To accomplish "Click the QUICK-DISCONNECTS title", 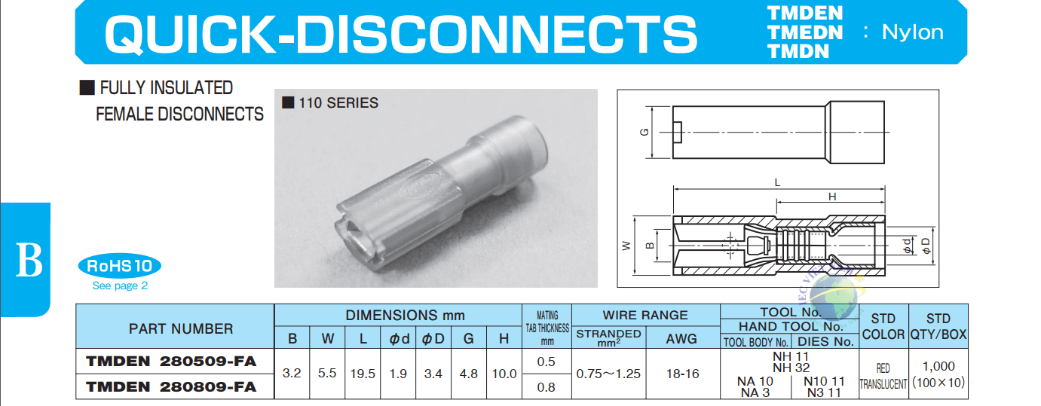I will pyautogui.click(x=400, y=33).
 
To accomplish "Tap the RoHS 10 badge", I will pyautogui.click(x=120, y=267).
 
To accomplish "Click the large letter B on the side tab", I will pyautogui.click(x=29, y=260).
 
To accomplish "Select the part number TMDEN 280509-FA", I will pyautogui.click(x=171, y=362).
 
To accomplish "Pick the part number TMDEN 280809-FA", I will pyautogui.click(x=171, y=387).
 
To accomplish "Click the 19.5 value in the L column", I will pyautogui.click(x=363, y=374).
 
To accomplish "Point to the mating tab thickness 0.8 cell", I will pyautogui.click(x=547, y=387).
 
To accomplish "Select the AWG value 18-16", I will pyautogui.click(x=682, y=374).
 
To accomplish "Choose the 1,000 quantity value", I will pyautogui.click(x=938, y=367).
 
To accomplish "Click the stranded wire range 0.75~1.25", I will pyautogui.click(x=608, y=374).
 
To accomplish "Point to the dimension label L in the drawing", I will pyautogui.click(x=777, y=183).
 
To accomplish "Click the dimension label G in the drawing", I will pyautogui.click(x=644, y=133).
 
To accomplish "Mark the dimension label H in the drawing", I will pyautogui.click(x=832, y=197).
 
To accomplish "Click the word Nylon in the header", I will pyautogui.click(x=912, y=32).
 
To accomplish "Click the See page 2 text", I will pyautogui.click(x=120, y=285).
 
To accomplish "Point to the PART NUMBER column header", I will pyautogui.click(x=181, y=329).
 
